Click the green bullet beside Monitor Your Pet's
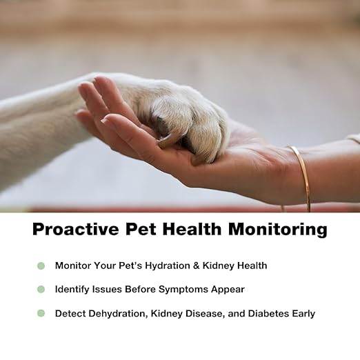[41, 266]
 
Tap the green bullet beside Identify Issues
[41, 290]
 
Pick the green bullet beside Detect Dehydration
[41, 313]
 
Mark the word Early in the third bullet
[302, 313]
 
